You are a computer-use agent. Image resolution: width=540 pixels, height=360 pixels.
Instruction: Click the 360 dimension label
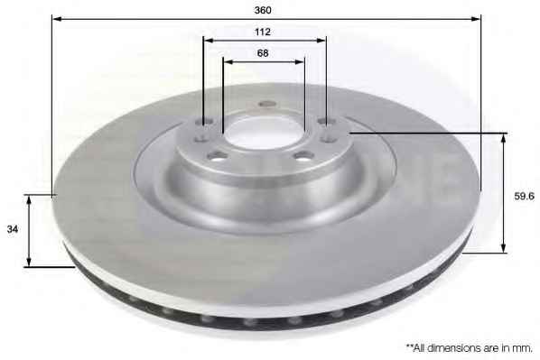point(263,10)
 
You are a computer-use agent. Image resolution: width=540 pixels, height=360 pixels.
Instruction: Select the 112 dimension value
point(263,32)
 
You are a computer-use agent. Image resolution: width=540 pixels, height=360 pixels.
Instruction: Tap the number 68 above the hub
point(263,53)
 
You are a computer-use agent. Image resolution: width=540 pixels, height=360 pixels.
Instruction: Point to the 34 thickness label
point(13,229)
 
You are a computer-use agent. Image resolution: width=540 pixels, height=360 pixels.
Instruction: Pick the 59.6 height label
point(524,196)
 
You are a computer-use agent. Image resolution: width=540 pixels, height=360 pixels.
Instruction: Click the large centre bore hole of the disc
point(265,133)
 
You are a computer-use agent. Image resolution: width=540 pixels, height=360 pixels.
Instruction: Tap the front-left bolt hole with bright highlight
point(218,156)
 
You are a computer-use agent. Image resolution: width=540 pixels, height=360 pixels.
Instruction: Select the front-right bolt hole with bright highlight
point(303,156)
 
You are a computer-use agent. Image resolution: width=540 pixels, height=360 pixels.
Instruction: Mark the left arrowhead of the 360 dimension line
point(57,18)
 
